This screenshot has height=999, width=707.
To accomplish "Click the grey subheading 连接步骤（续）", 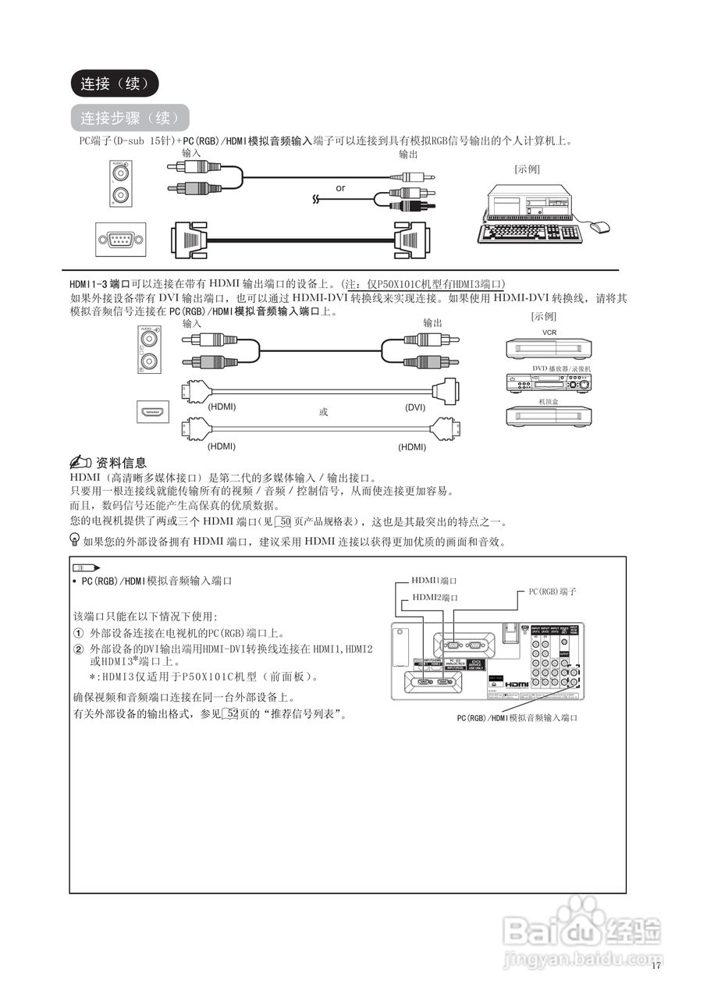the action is pyautogui.click(x=130, y=118).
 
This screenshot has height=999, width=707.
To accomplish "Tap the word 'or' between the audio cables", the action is pyautogui.click(x=340, y=188).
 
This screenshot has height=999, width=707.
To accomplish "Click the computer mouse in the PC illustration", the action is pyautogui.click(x=599, y=227).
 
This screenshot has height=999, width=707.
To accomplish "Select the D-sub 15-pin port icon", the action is pyautogui.click(x=120, y=239).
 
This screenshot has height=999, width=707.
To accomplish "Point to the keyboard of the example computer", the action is pyautogui.click(x=531, y=232).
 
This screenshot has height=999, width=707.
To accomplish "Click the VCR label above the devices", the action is pyautogui.click(x=549, y=332).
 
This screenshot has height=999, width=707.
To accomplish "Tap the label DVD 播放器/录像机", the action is pyautogui.click(x=562, y=368).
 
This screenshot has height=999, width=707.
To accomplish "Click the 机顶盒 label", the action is pyautogui.click(x=549, y=402).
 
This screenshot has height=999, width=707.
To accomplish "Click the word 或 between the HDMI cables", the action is pyautogui.click(x=323, y=411).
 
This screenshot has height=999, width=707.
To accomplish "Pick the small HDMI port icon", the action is pyautogui.click(x=154, y=412).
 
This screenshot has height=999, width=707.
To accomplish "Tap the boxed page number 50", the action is pyautogui.click(x=285, y=521).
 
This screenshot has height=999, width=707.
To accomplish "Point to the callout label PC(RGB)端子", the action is pyautogui.click(x=552, y=592).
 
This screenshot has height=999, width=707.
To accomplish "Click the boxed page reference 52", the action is pyautogui.click(x=231, y=714).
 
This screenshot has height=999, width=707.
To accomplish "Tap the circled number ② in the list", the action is pyautogui.click(x=78, y=649).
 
